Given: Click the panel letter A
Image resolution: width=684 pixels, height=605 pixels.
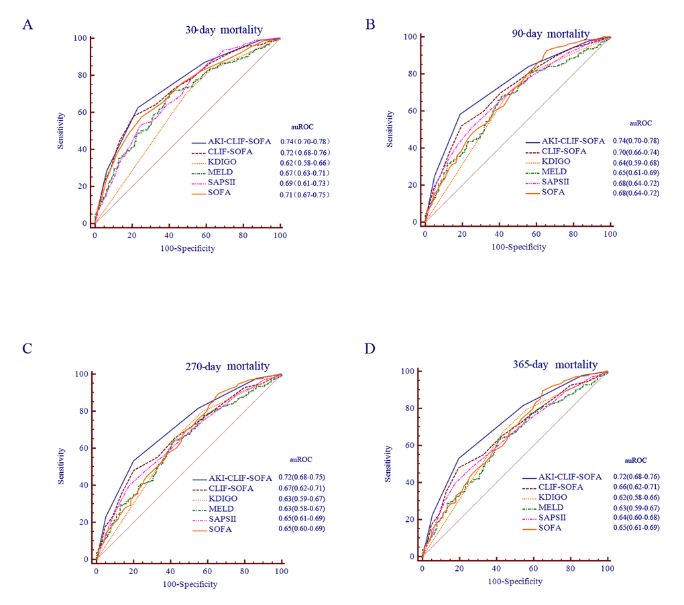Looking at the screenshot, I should click(x=27, y=25).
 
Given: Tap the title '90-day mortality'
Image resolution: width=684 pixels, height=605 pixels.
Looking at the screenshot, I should click(x=549, y=34).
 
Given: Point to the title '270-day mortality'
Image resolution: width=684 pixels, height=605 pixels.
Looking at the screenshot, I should click(x=227, y=366).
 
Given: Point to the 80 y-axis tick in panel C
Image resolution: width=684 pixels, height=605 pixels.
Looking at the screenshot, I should click(x=84, y=411).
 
